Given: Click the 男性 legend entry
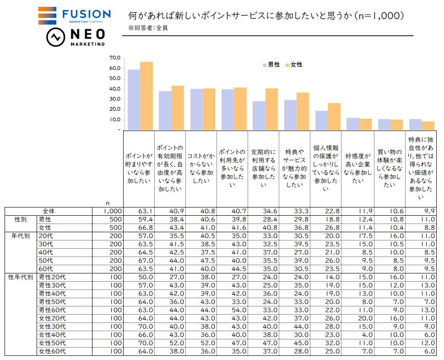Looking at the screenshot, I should [271, 65].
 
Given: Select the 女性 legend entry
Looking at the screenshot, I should [294, 65].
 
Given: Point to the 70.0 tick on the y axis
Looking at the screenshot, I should [114, 58].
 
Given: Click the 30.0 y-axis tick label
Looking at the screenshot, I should [114, 99].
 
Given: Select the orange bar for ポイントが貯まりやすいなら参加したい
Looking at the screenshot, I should [146, 95].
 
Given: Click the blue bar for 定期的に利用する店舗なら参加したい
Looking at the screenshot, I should [259, 115].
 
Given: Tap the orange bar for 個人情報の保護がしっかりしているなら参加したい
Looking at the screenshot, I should [334, 116].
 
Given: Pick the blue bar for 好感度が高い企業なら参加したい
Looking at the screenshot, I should [352, 124].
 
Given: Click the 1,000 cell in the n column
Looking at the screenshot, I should [112, 211].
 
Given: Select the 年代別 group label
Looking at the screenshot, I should [20, 236].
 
